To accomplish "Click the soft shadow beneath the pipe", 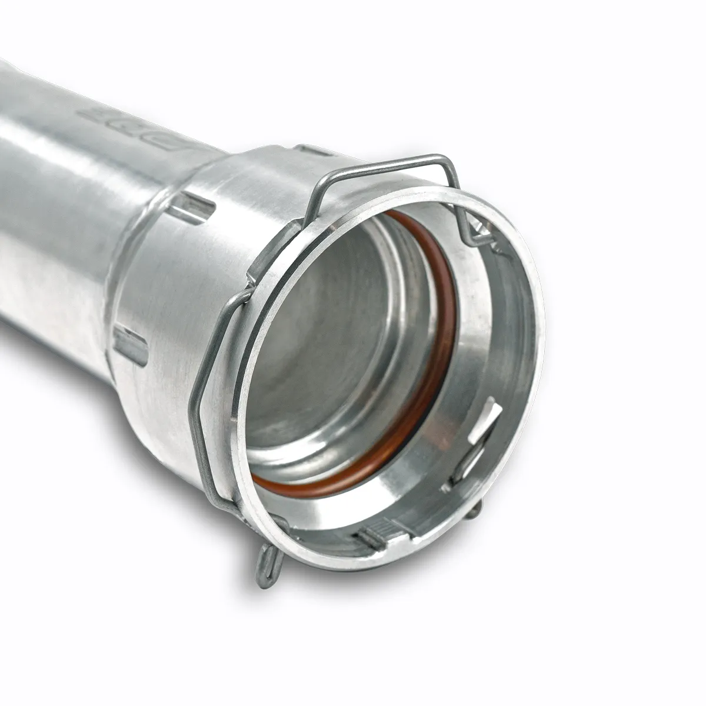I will pos(353,594).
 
